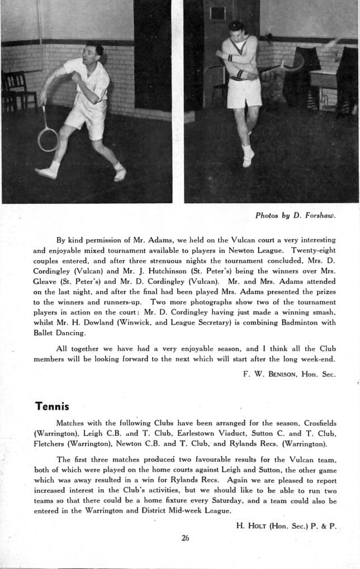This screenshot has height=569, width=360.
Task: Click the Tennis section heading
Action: point(51,406)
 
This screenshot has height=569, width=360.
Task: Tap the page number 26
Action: point(185,538)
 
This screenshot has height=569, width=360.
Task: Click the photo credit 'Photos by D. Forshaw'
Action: point(295,215)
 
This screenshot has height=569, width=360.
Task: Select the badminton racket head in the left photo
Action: point(48,139)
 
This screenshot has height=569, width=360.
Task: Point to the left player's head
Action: point(92,53)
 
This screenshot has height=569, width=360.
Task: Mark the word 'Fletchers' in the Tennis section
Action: point(49,444)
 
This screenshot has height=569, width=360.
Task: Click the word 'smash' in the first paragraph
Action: point(324,312)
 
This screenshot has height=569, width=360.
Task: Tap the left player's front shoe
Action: point(46,172)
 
